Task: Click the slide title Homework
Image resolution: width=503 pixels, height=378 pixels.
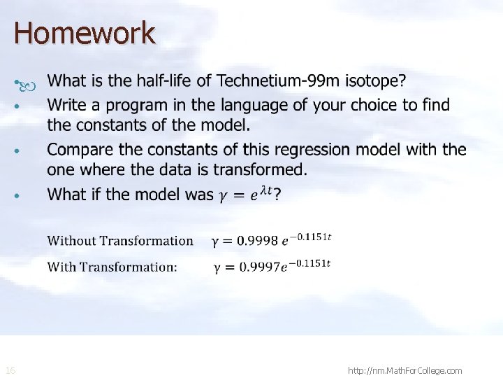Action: coord(84,33)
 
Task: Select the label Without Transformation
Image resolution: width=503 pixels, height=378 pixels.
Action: coord(120,241)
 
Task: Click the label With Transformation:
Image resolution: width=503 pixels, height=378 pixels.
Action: coord(112,267)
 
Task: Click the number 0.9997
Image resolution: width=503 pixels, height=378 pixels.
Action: coord(256,267)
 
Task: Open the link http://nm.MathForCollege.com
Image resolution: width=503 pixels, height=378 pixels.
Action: coord(404,370)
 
